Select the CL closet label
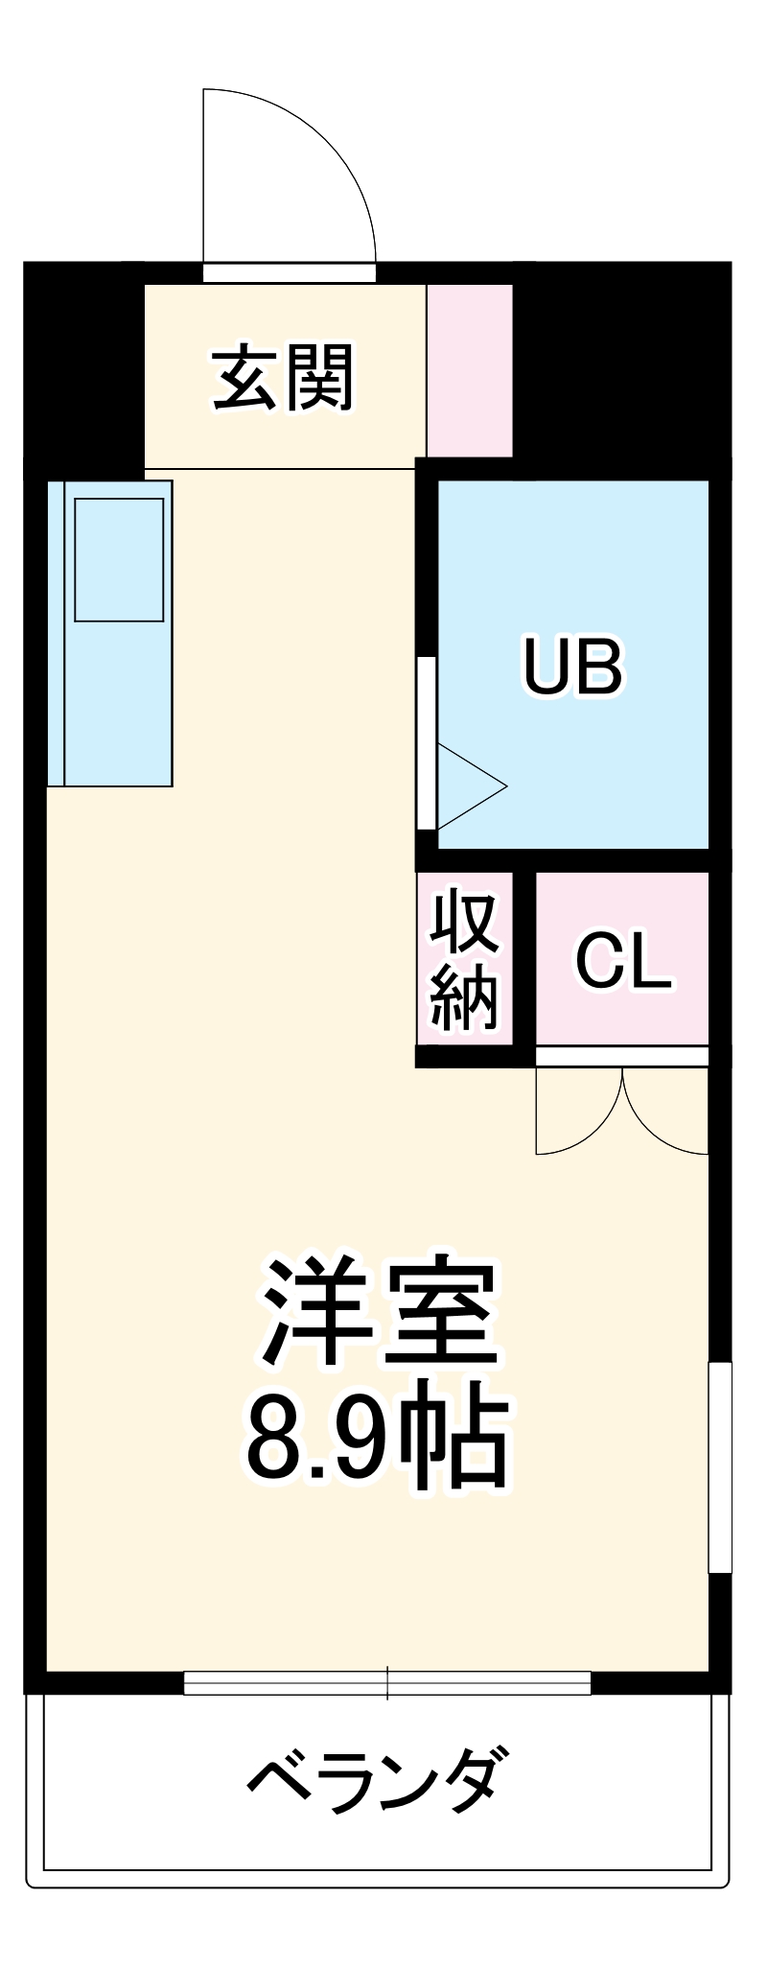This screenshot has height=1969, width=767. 622,960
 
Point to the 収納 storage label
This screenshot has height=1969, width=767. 465,960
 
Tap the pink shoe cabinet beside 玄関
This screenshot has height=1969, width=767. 470,370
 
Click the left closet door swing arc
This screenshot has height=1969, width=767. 575,1117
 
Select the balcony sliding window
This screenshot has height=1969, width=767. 387,1683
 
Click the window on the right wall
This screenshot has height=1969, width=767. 719,1467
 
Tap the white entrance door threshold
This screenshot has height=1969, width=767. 289,272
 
